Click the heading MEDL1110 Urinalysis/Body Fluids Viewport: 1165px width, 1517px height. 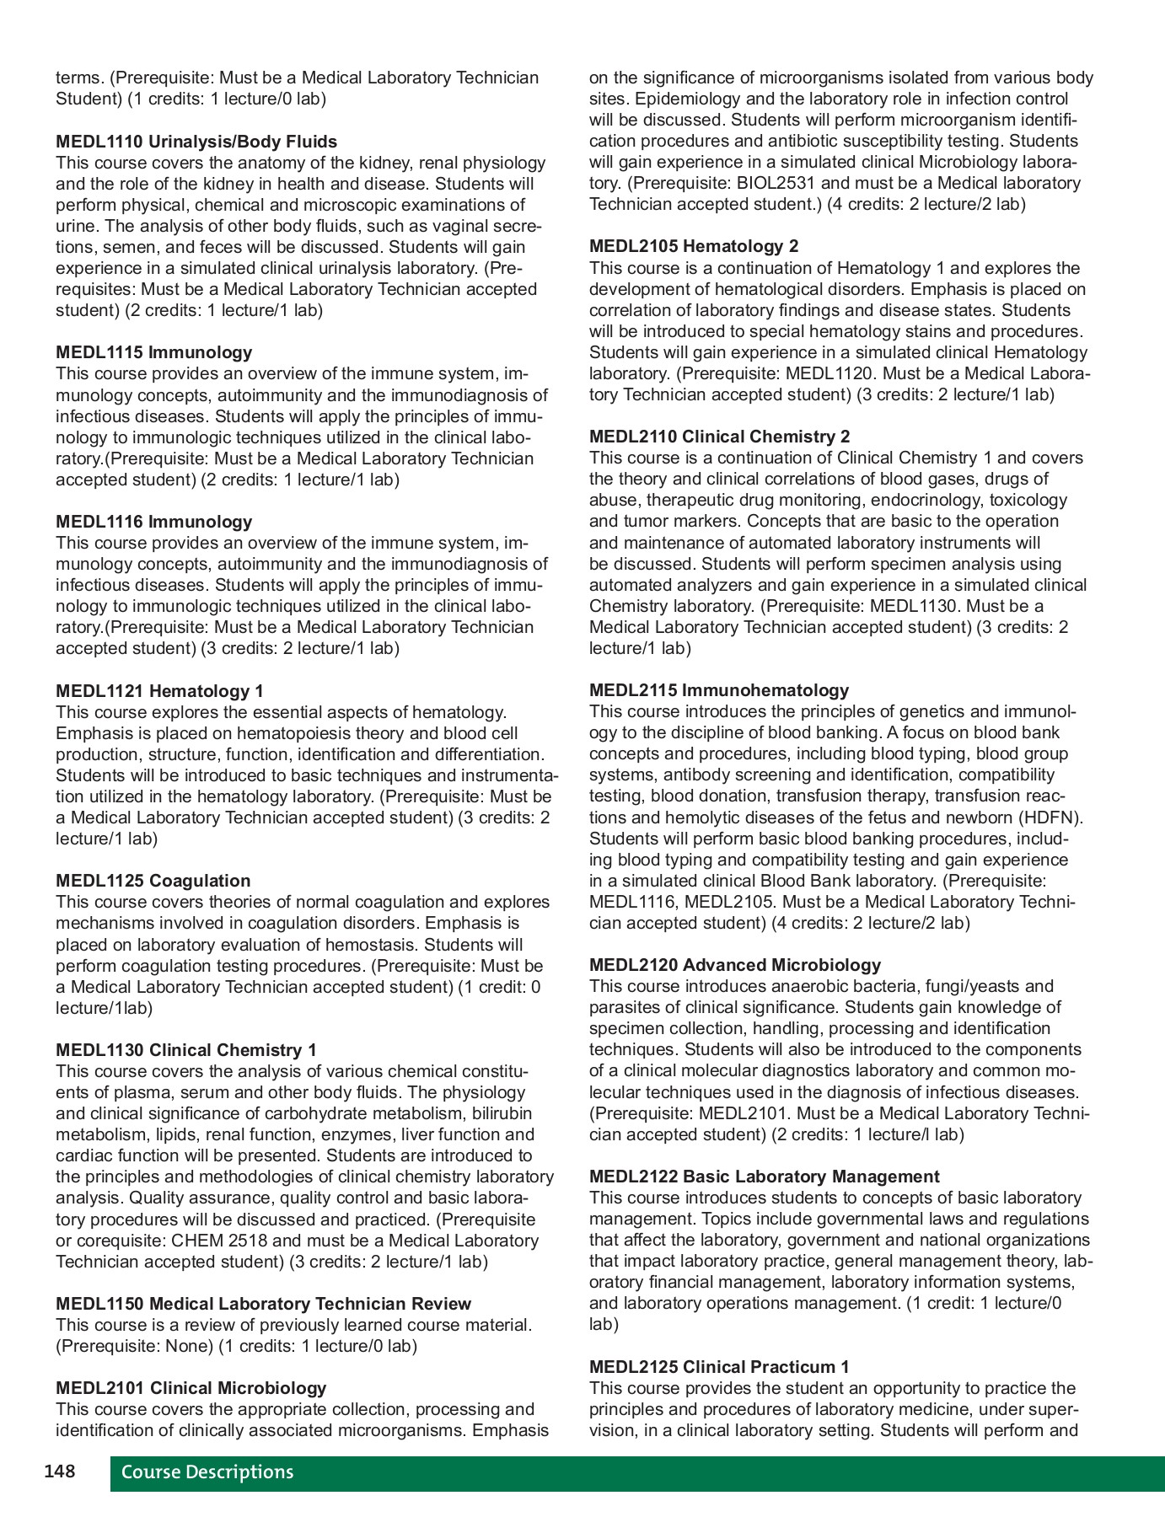pyautogui.click(x=196, y=142)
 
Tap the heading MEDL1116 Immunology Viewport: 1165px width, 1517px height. pyautogui.click(x=153, y=522)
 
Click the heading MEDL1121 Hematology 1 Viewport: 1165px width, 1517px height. pyautogui.click(x=159, y=691)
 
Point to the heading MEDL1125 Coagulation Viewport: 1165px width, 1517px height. pyautogui.click(x=153, y=881)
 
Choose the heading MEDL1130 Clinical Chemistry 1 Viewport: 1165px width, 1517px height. pyautogui.click(x=185, y=1050)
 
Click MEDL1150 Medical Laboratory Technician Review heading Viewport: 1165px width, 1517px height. pyautogui.click(x=263, y=1304)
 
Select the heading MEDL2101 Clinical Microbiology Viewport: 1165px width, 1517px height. pyautogui.click(x=191, y=1388)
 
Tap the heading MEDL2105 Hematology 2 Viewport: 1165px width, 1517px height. pyautogui.click(x=693, y=246)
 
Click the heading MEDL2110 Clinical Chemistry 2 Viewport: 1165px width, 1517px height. pyautogui.click(x=719, y=437)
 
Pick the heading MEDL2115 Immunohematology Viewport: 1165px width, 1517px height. pyautogui.click(x=718, y=690)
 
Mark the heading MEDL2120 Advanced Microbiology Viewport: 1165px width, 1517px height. pyautogui.click(x=734, y=965)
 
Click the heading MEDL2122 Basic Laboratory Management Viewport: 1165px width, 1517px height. pyautogui.click(x=764, y=1177)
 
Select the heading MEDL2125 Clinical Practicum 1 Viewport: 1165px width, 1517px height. pyautogui.click(x=718, y=1367)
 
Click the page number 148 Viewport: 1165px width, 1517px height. pyautogui.click(x=59, y=1472)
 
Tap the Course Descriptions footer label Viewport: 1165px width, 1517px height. pyautogui.click(x=207, y=1472)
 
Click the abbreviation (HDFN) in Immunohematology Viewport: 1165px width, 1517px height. pyautogui.click(x=1050, y=817)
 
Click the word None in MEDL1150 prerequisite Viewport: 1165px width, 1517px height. pyautogui.click(x=190, y=1346)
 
